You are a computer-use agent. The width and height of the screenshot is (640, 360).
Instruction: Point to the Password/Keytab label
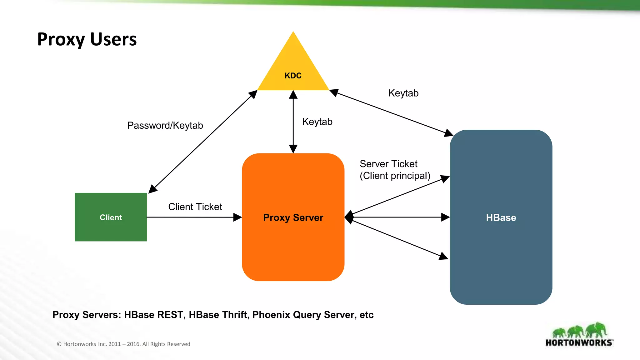tap(165, 125)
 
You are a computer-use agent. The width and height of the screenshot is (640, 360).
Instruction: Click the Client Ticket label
tap(195, 207)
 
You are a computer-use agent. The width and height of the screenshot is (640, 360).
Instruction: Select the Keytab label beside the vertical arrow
tap(317, 122)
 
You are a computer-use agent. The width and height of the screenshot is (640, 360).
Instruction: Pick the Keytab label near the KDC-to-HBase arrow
tap(403, 93)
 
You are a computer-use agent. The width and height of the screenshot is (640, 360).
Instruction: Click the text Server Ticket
tap(388, 164)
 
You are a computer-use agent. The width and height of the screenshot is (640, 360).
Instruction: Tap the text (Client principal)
tap(395, 176)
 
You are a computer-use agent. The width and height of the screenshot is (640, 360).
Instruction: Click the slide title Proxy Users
tap(87, 39)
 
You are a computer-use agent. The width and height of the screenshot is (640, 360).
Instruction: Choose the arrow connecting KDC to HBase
tap(391, 112)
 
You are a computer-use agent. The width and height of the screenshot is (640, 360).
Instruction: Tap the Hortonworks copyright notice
tap(123, 344)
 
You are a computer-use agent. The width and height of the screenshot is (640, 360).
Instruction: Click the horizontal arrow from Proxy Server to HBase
tap(397, 217)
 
